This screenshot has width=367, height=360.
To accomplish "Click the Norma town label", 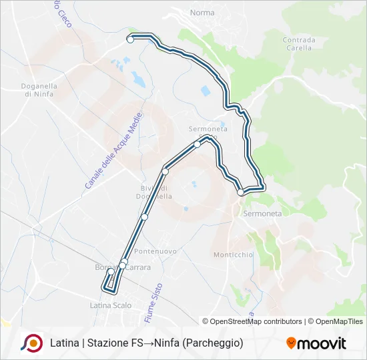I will click(202, 13).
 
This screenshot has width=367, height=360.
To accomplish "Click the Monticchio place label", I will click(233, 255).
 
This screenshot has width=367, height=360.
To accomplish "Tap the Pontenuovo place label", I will click(155, 251).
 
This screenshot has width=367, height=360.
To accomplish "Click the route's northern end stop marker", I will click(130, 39).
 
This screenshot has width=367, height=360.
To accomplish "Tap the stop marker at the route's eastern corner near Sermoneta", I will click(240, 192).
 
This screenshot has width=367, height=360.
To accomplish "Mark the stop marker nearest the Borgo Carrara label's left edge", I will click(111, 271).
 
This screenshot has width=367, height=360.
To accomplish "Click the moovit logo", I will click(316, 343).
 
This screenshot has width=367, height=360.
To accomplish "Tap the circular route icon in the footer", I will click(31, 343).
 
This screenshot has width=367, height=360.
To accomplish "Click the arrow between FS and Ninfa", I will click(149, 343).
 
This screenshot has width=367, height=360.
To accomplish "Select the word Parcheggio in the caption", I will click(211, 343).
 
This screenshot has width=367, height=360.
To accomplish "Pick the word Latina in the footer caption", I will click(65, 343).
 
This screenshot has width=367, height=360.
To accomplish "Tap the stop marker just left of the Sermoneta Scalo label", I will click(197, 144).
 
